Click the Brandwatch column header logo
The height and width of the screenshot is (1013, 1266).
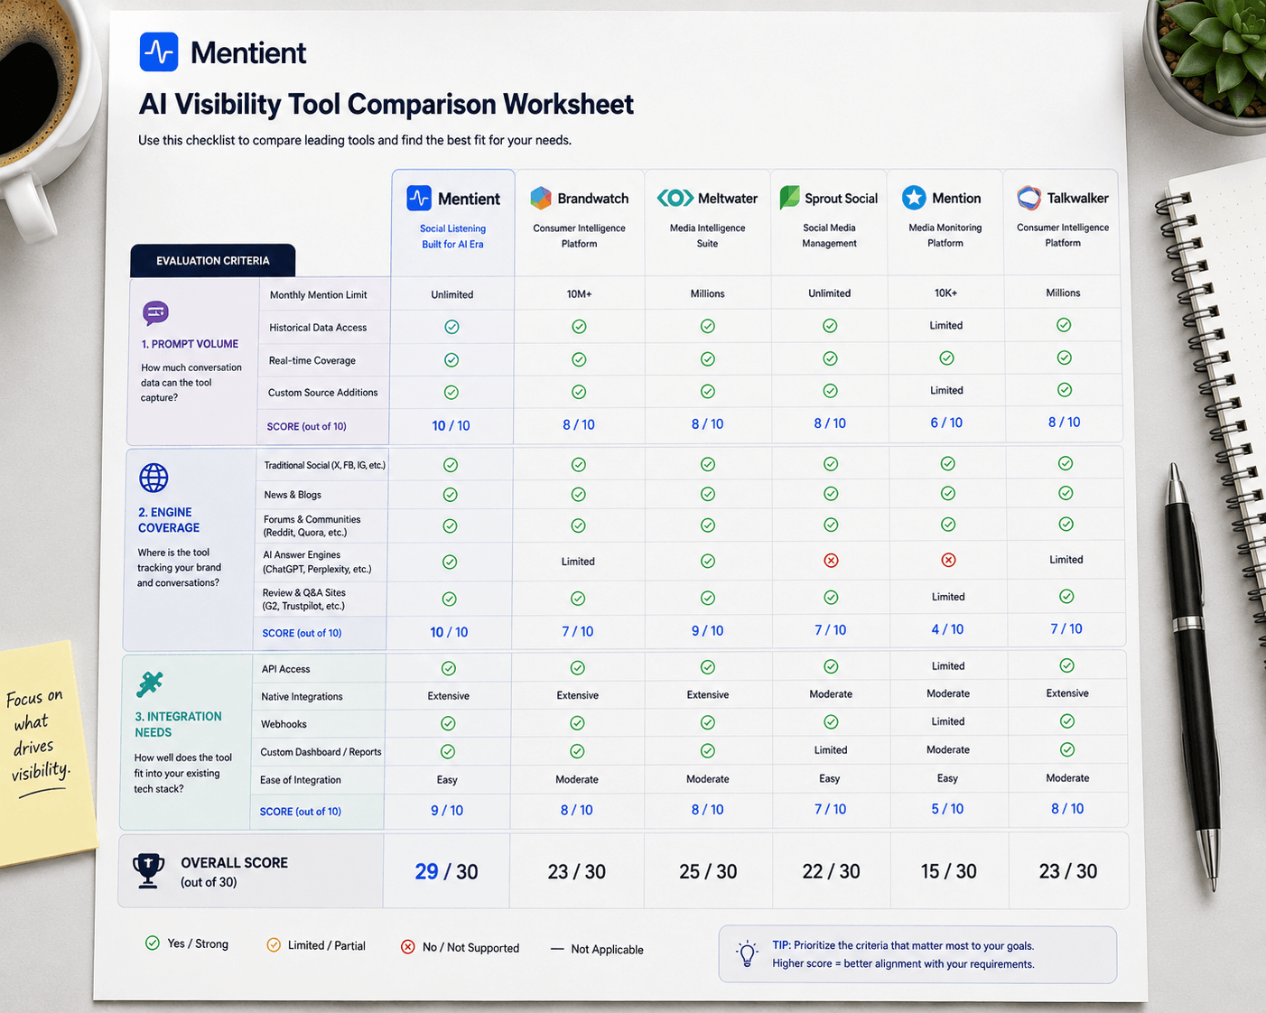point(541,199)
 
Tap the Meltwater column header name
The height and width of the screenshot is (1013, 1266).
point(727,199)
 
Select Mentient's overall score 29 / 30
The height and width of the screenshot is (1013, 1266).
point(446,871)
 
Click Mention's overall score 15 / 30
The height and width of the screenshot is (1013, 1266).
point(948,870)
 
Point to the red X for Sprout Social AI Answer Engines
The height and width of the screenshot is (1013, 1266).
point(831,561)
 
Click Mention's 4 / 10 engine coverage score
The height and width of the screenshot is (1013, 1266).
point(947,629)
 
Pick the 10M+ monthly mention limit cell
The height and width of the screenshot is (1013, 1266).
point(579,293)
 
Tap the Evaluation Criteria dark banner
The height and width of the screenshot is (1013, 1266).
point(213,260)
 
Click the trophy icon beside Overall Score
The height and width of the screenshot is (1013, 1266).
point(148,870)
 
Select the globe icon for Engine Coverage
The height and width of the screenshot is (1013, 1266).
point(154,478)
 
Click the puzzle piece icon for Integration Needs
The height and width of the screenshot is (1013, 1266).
point(149,684)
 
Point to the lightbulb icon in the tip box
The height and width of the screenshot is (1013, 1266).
point(747,953)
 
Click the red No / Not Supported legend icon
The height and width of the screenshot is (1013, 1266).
point(407,946)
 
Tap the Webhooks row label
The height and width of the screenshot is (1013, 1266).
point(284,723)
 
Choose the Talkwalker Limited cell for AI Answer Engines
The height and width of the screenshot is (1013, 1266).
point(1066,560)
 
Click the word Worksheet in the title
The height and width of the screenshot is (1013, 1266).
point(568,104)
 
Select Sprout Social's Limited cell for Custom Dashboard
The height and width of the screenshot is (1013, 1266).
point(831,749)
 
